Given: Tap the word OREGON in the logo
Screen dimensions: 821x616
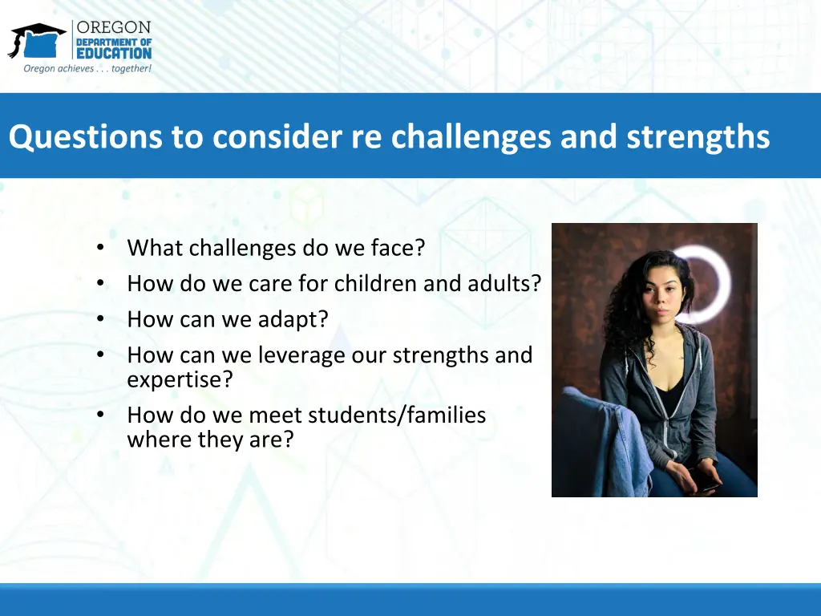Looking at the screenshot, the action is coord(114,27).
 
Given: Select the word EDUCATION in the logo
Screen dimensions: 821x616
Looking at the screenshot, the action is coord(114,54).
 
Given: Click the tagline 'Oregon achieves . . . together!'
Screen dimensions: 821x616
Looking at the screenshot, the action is coord(87,69).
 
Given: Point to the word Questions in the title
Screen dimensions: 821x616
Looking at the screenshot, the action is coord(85,137).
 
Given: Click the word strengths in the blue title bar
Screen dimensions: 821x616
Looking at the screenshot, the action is coord(698,137).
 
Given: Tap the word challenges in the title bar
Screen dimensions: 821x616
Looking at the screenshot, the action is coord(471,137).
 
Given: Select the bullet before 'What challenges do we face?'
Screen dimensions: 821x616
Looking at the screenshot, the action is coord(100,247).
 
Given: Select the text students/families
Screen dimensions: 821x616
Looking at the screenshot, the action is coord(397,415).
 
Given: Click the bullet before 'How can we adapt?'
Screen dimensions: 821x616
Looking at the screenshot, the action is coord(100,319).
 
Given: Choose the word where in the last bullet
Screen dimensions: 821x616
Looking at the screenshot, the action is coord(159,440).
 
